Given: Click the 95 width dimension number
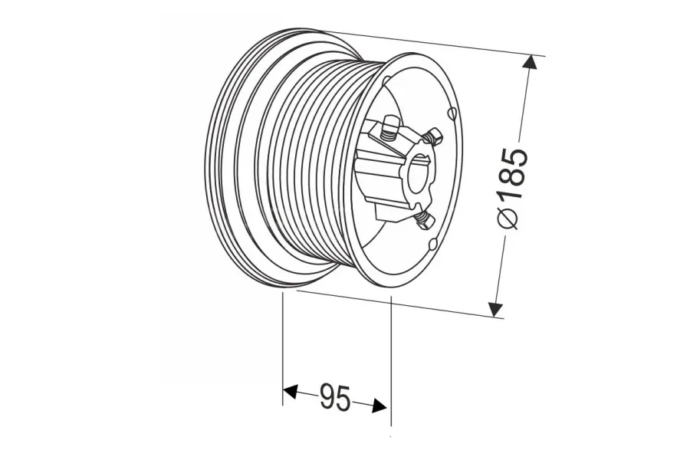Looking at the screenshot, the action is (335, 397).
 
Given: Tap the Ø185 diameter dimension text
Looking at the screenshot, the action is (512, 189).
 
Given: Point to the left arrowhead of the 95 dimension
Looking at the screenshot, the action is (290, 390).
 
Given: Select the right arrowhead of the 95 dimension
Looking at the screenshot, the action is (379, 406).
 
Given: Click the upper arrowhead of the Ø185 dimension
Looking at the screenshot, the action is (531, 62).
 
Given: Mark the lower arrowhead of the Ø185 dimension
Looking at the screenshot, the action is (495, 309).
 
